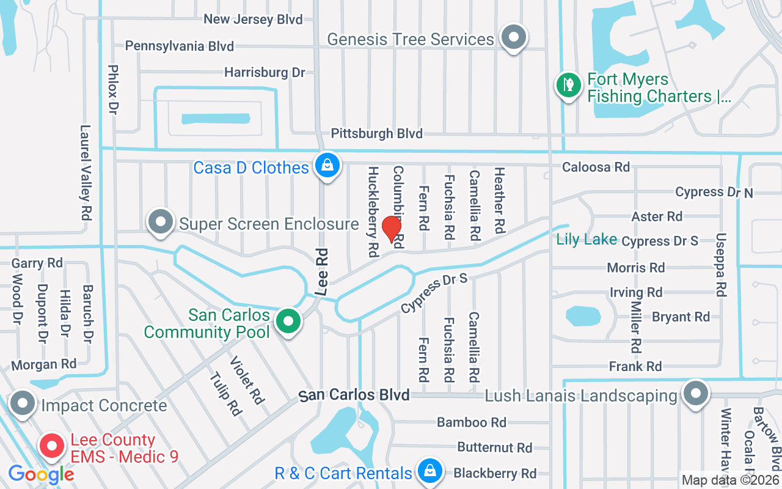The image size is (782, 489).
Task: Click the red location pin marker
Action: (391, 230)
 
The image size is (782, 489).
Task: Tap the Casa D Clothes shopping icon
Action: (327, 166)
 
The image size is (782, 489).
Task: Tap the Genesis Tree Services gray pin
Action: (514, 38)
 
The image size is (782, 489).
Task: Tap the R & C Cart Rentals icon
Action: (430, 471)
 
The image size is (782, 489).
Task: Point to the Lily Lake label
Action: (586, 239)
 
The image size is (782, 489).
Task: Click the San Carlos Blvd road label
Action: (354, 395)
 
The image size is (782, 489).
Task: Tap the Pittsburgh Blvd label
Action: (376, 133)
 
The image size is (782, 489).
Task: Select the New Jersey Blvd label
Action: (253, 19)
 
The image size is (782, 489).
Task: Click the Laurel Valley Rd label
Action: (86, 173)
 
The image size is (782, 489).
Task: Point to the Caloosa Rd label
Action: (595, 167)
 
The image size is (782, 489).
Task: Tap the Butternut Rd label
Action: (494, 447)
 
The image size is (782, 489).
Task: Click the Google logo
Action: (41, 474)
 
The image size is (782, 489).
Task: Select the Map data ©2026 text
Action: (729, 480)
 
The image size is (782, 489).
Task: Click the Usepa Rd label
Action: (721, 265)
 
